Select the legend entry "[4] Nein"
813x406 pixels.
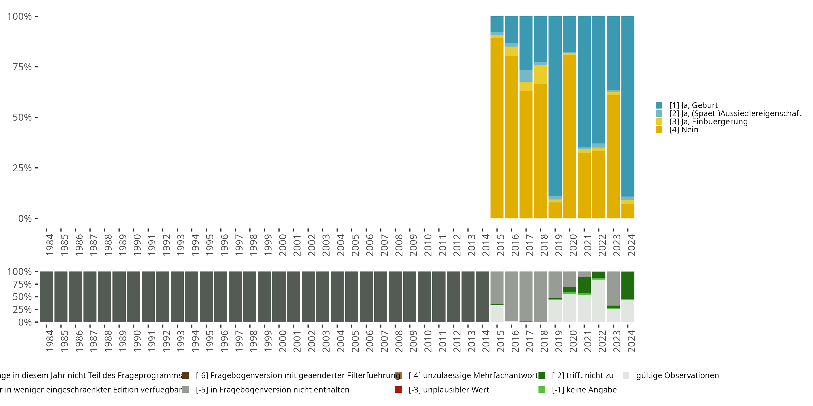click(x=684, y=130)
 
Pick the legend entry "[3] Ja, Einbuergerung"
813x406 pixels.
click(x=708, y=122)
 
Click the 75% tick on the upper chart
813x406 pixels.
click(x=22, y=67)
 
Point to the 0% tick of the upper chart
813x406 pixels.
click(x=25, y=218)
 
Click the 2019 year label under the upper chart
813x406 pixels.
click(x=559, y=245)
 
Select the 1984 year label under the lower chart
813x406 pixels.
click(x=50, y=341)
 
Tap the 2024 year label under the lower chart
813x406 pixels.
click(x=631, y=341)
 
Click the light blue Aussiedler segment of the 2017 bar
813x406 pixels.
click(x=526, y=76)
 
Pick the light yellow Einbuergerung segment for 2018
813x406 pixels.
click(x=540, y=74)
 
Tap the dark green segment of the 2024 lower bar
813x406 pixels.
click(x=628, y=285)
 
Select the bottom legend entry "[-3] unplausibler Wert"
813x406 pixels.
click(x=449, y=389)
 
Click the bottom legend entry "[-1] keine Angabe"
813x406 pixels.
click(x=584, y=389)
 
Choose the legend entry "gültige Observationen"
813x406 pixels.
click(x=677, y=375)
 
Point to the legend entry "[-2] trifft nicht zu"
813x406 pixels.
click(x=582, y=375)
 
